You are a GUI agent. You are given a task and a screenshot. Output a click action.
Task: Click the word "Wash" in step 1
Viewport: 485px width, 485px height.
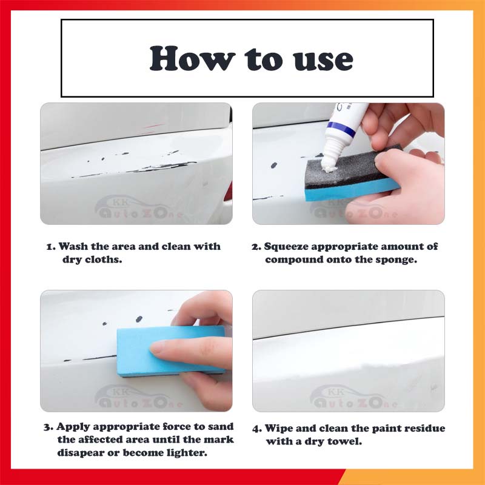click(73, 246)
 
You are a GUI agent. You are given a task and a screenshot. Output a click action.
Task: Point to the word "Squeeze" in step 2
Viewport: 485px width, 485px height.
click(286, 247)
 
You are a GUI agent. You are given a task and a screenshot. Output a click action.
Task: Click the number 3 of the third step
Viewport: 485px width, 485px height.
click(48, 427)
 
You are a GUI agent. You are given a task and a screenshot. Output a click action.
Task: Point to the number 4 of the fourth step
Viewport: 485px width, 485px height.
click(256, 429)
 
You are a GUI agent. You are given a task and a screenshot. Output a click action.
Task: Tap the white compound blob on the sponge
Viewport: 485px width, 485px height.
click(329, 168)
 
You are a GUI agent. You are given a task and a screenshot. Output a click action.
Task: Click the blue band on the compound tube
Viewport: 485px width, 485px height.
click(341, 129)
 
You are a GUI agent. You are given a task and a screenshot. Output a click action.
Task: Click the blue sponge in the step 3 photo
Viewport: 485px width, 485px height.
click(171, 350)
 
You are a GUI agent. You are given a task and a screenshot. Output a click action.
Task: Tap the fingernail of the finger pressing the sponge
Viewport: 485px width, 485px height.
click(157, 349)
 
